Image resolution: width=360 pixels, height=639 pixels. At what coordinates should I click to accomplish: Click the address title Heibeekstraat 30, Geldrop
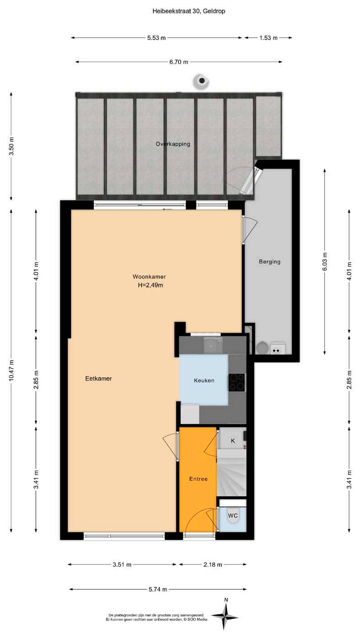pos(189,11)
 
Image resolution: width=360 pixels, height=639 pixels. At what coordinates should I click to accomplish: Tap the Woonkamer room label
pos(149,277)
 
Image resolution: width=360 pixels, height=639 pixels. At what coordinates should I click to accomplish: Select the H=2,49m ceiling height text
pos(150,285)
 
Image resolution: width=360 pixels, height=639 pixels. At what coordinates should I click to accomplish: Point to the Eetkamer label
pos(98,378)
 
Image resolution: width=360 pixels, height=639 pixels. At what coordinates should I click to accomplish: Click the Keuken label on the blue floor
pos(204,380)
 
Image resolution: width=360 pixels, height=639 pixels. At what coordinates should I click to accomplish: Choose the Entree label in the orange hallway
pos(199,479)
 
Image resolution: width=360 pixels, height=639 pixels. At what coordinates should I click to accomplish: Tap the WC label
pos(233,516)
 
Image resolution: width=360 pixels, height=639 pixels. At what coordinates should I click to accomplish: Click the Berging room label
pos(269,261)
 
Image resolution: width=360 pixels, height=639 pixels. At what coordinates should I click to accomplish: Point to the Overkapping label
pos(173,144)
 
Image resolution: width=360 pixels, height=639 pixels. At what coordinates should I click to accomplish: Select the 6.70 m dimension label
pos(179,62)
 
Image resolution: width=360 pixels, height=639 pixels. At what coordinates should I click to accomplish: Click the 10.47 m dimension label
pos(11,370)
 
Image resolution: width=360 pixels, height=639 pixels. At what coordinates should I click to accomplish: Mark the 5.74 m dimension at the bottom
pos(158,589)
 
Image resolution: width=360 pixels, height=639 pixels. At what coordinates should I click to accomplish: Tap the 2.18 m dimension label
pos(213,564)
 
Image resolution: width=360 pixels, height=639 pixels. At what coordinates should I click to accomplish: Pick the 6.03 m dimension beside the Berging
pos(325,261)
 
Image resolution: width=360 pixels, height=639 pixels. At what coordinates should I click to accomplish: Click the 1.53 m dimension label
pos(269,37)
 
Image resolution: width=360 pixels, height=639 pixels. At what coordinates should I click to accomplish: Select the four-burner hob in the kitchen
pos(236,382)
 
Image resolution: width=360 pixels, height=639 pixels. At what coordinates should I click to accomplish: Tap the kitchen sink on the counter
pos(213,345)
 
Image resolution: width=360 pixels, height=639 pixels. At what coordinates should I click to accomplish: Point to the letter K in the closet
pos(233,441)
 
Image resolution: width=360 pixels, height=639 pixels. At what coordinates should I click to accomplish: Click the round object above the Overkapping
pos(201,81)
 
